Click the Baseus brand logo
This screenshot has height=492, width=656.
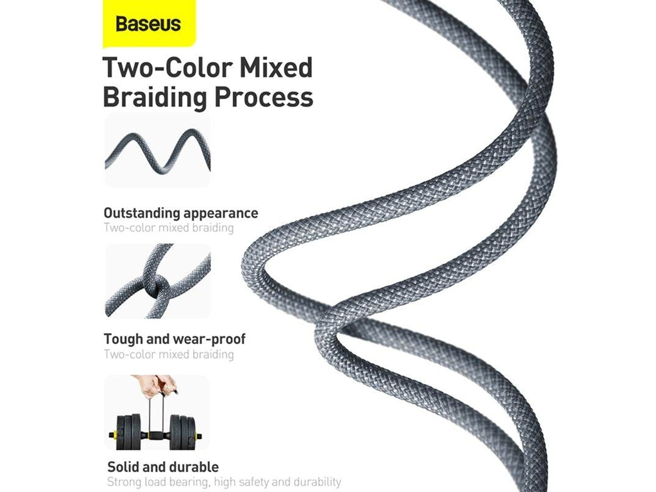pos(148,24)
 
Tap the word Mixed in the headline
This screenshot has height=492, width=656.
pos(276,68)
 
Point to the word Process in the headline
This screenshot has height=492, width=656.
pos(264,98)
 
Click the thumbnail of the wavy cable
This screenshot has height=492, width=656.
pos(157,151)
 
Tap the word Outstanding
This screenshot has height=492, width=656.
pos(142,213)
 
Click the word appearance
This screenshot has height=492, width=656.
pos(221,213)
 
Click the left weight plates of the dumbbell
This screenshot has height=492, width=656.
pos(128,433)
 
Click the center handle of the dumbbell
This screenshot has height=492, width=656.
pos(157,434)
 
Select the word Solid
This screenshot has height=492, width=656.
pos(122,467)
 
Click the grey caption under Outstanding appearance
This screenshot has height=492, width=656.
pos(169,228)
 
